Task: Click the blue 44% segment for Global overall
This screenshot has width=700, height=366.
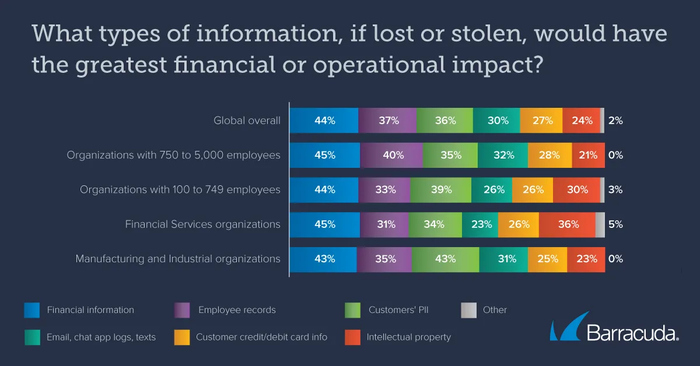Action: click(324, 121)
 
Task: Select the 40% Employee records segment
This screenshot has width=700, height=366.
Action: click(391, 155)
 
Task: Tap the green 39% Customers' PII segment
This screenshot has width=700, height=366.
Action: click(440, 190)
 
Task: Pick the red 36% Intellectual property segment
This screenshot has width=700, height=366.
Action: click(567, 224)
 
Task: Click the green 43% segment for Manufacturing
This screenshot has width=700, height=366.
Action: click(445, 259)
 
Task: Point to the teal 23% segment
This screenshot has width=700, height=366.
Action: click(480, 224)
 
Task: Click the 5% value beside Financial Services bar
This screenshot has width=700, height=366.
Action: click(615, 224)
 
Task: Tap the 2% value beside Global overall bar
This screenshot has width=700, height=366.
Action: click(615, 121)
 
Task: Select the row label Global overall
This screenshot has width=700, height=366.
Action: click(247, 121)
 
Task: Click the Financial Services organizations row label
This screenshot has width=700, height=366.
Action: click(202, 224)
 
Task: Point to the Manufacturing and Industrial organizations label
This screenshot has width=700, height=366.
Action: click(178, 259)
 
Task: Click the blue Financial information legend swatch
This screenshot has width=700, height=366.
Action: click(32, 310)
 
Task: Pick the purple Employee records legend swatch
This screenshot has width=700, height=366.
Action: click(182, 310)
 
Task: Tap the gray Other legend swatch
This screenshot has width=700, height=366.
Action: click(468, 310)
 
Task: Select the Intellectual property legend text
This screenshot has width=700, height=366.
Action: click(408, 337)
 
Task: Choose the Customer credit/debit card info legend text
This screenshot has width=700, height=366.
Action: click(261, 337)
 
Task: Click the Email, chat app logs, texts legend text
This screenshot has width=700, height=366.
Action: click(101, 337)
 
